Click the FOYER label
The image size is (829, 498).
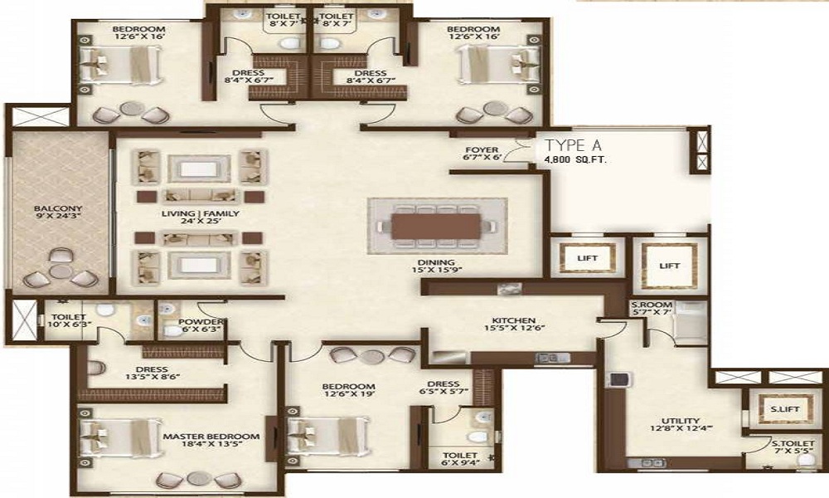482,150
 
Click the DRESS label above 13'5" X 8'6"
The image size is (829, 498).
153,370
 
